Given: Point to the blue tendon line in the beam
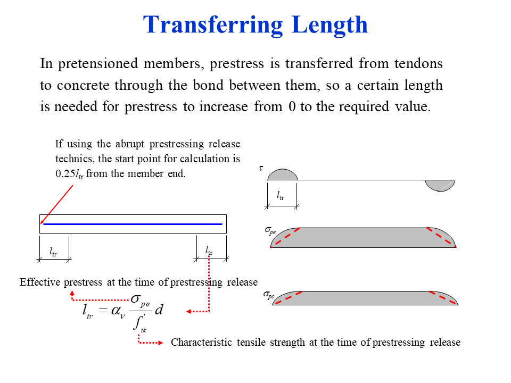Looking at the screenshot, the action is tap(133, 224).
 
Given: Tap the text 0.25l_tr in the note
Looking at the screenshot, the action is tap(69, 174).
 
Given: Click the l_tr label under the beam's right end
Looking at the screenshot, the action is tap(209, 251).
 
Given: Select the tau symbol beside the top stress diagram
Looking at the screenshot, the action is tap(261, 168).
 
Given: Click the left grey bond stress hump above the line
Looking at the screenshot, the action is tap(282, 175).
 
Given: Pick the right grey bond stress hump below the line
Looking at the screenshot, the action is tap(440, 185).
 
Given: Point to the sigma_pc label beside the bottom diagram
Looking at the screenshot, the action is tap(269, 294).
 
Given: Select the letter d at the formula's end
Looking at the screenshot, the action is tap(158, 310).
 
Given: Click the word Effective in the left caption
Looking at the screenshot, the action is tap(40, 282).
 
